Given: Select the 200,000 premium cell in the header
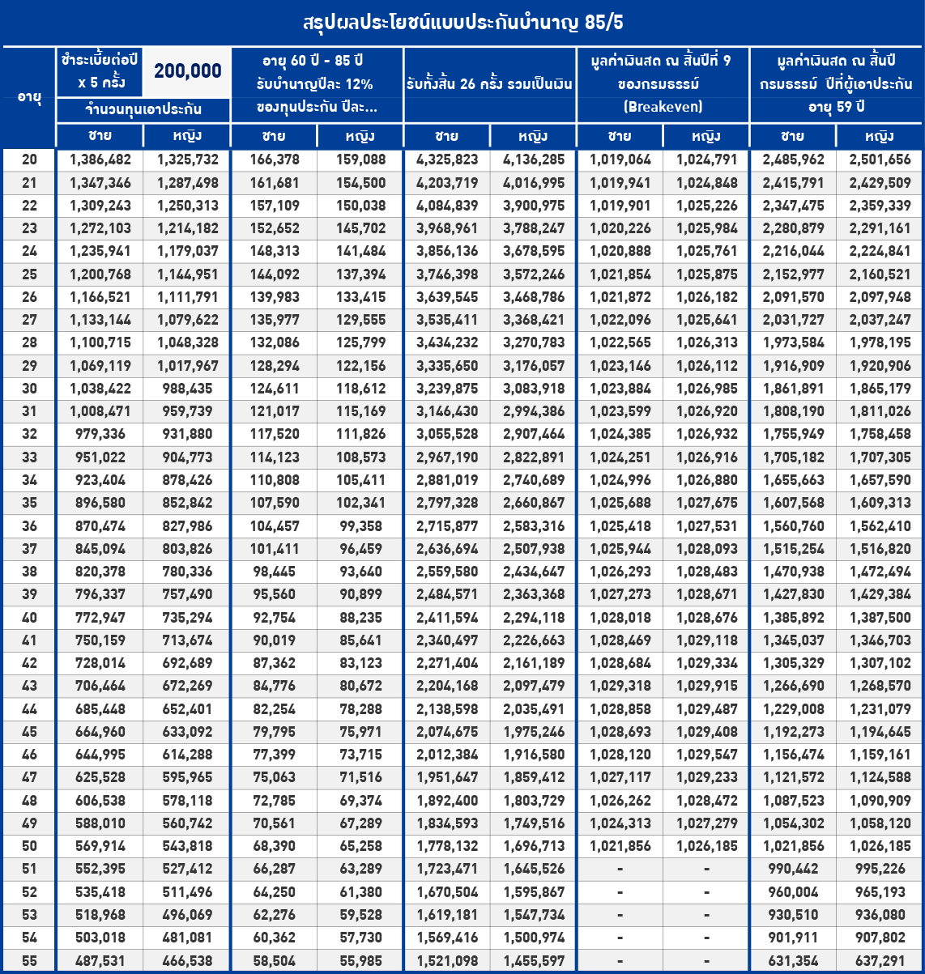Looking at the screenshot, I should click(x=187, y=71).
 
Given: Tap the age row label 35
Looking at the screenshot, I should click(x=29, y=503).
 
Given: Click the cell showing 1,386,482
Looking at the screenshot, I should click(x=100, y=160).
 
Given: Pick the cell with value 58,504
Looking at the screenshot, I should click(x=274, y=961).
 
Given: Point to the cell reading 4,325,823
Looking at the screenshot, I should click(x=447, y=160).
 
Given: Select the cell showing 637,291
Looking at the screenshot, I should click(x=880, y=961).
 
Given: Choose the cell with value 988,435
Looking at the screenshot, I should click(x=186, y=389).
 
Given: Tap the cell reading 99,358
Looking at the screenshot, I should click(x=360, y=525).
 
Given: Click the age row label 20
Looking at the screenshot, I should click(x=29, y=160).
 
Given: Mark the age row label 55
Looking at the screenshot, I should click(x=29, y=961).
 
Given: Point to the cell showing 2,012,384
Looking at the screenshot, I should click(x=447, y=755).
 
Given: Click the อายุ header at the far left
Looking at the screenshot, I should click(x=29, y=97).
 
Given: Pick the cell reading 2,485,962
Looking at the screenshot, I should click(x=793, y=160).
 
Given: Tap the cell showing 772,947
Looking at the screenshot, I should click(x=100, y=617).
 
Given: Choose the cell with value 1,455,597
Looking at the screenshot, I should click(x=534, y=961).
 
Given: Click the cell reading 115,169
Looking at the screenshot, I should click(x=360, y=411).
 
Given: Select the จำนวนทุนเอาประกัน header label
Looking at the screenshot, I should click(x=143, y=109).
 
